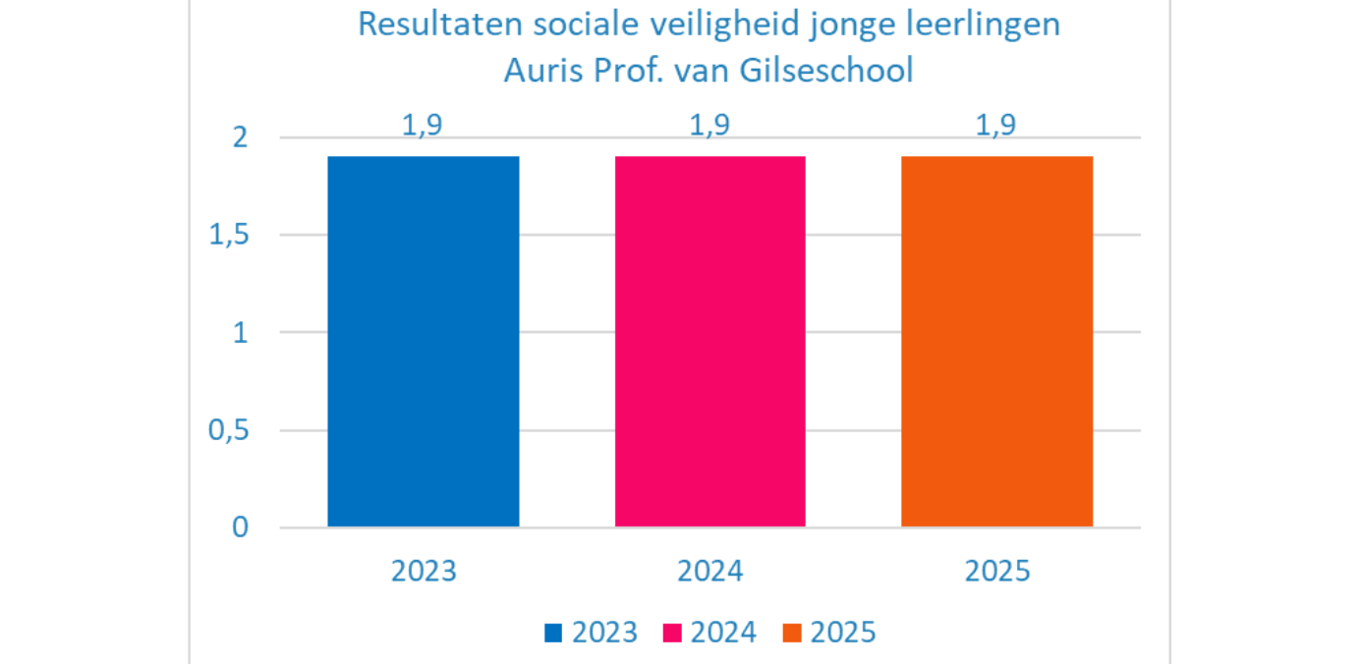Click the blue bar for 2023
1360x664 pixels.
point(424,341)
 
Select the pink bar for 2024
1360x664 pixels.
point(710,341)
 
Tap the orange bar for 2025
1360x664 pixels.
point(997,341)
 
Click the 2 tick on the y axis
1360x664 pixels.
point(240,138)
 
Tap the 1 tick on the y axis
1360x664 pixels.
point(240,333)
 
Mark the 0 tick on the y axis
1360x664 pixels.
point(240,527)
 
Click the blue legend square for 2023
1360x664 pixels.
point(554,633)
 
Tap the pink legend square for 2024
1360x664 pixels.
point(673,633)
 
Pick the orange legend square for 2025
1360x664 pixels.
point(792,633)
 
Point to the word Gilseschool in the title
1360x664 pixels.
point(832,71)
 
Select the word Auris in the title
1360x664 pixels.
point(538,71)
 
